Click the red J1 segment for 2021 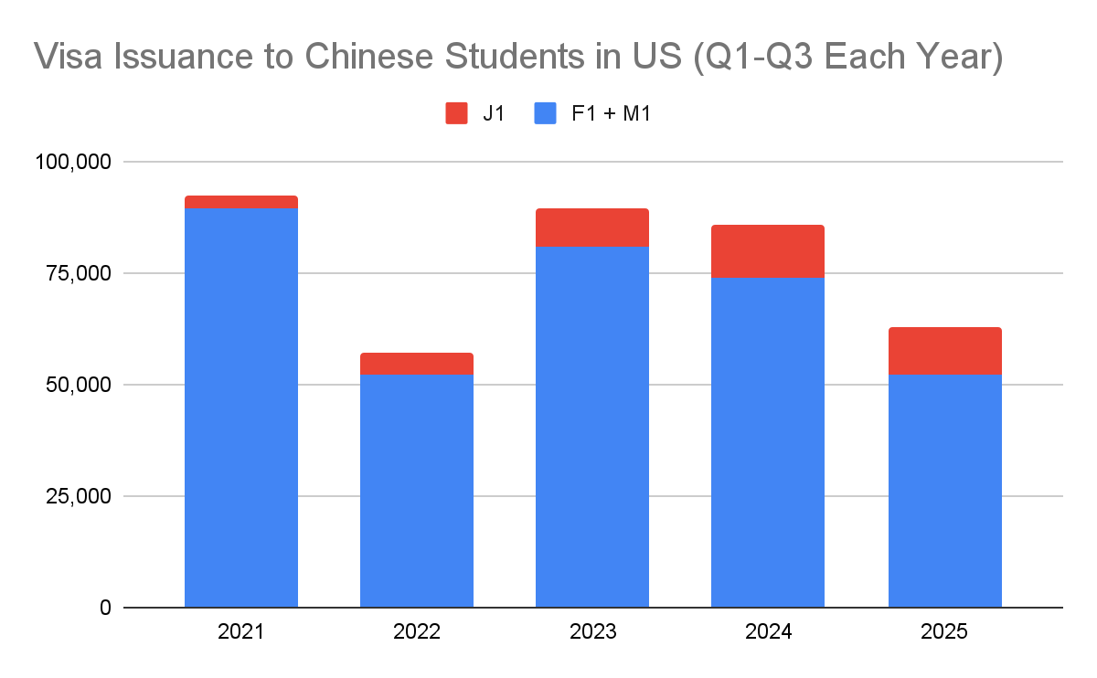point(241,202)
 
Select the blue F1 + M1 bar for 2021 point(241,408)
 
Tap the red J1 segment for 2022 point(417,364)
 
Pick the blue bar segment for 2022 point(417,491)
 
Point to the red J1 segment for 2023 point(592,228)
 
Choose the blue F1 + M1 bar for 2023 point(592,427)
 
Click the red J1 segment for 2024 point(768,251)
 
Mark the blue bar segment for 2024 point(768,442)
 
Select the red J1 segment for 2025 point(944,351)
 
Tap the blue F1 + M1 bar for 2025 point(944,491)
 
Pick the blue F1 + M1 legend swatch point(546,113)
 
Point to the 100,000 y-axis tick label point(73,162)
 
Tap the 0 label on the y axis point(105,608)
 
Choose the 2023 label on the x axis point(592,632)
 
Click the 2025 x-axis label point(944,632)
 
